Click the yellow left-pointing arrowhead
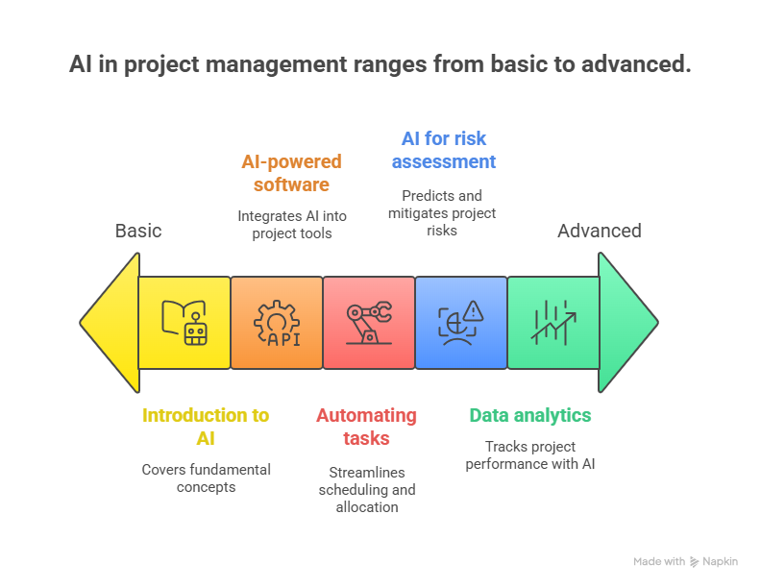[110, 323]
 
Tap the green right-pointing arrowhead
[626, 323]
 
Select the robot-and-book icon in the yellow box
[184, 323]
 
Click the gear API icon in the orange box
[277, 323]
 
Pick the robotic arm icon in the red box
[369, 323]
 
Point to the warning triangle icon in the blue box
[461, 323]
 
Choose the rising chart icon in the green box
[553, 323]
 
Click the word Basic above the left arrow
[138, 231]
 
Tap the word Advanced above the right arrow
[599, 231]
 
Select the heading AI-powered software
[291, 173]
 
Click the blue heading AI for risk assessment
[443, 150]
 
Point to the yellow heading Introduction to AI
[206, 427]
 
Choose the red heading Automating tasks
[366, 427]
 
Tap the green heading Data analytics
[530, 416]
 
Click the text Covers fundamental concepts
[206, 478]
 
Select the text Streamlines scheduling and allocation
[366, 489]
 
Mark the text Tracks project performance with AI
[530, 454]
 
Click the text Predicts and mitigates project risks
[443, 212]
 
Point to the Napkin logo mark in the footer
[695, 562]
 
